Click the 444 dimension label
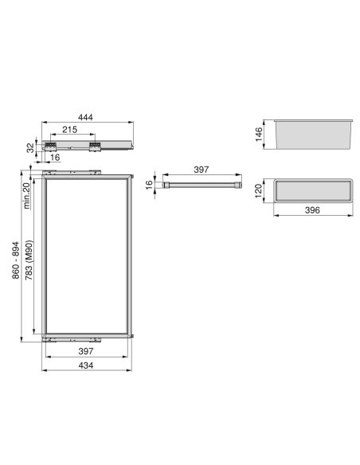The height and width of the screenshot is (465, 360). click(85, 116)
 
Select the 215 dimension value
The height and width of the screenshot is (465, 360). click(69, 129)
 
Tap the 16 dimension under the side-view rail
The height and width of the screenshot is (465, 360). click(55, 158)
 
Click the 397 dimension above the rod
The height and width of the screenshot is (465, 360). click(202, 170)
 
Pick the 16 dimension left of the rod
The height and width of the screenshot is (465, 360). click(149, 185)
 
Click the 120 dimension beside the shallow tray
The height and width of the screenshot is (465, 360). click(259, 191)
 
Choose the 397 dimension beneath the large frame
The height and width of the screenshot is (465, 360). click(85, 350)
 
